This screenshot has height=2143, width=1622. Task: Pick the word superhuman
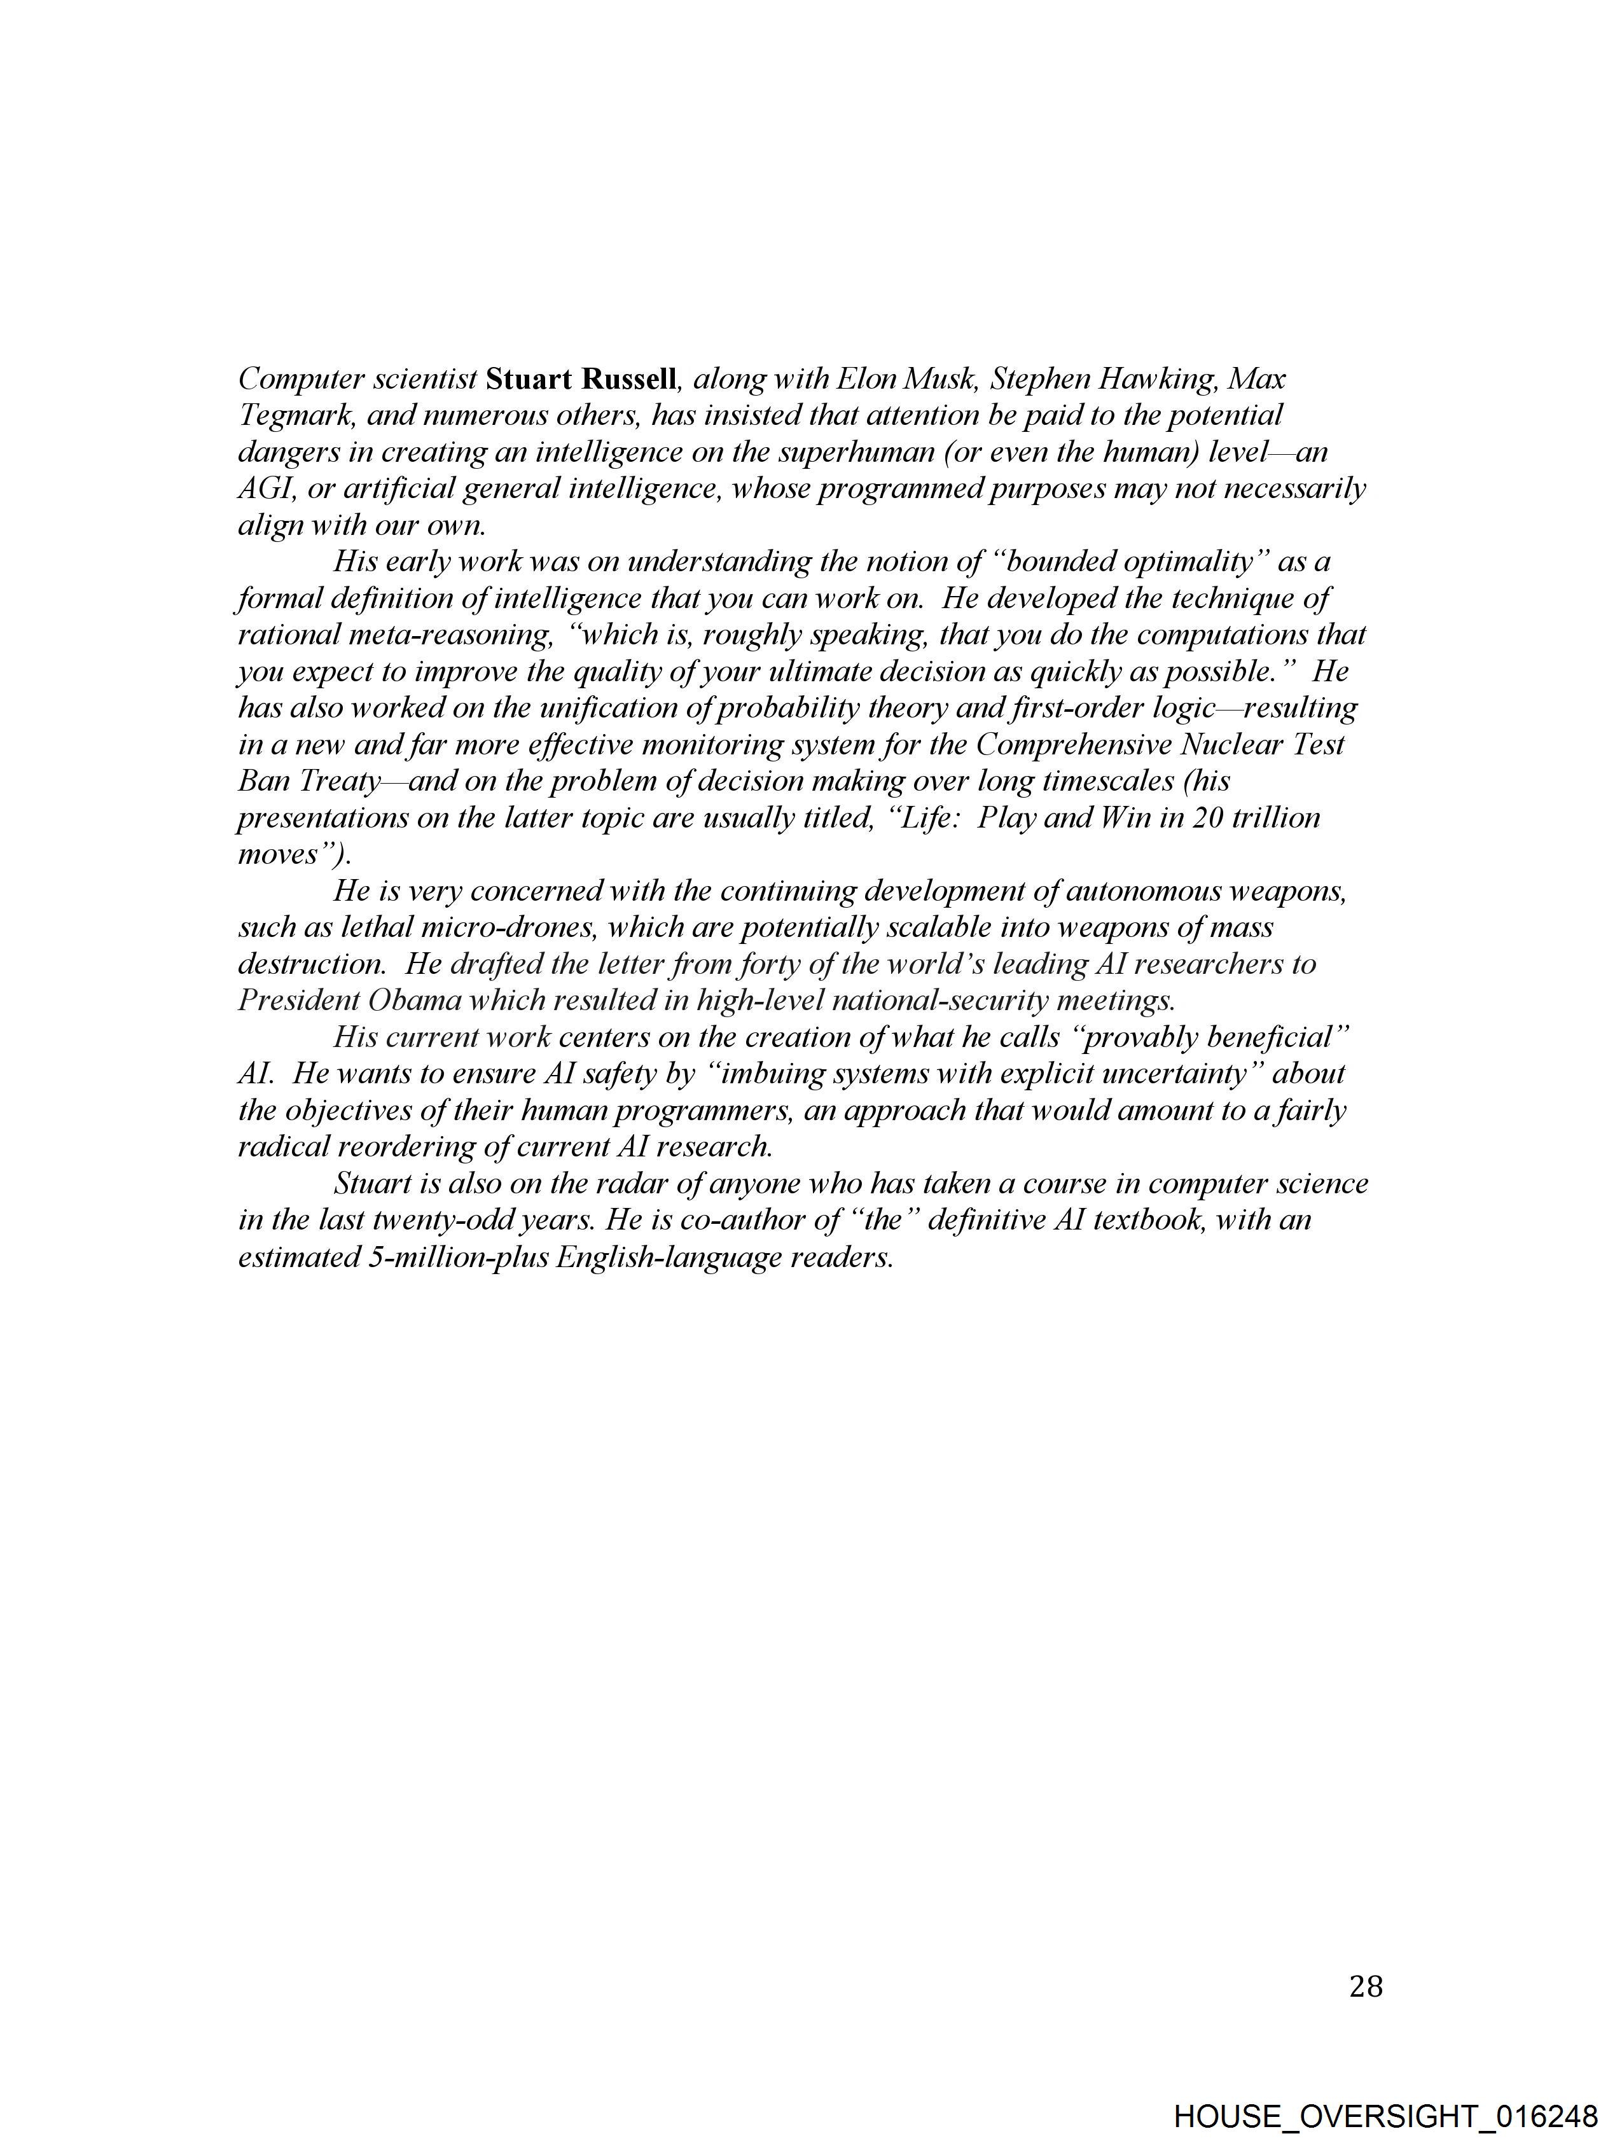click(x=856, y=452)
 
